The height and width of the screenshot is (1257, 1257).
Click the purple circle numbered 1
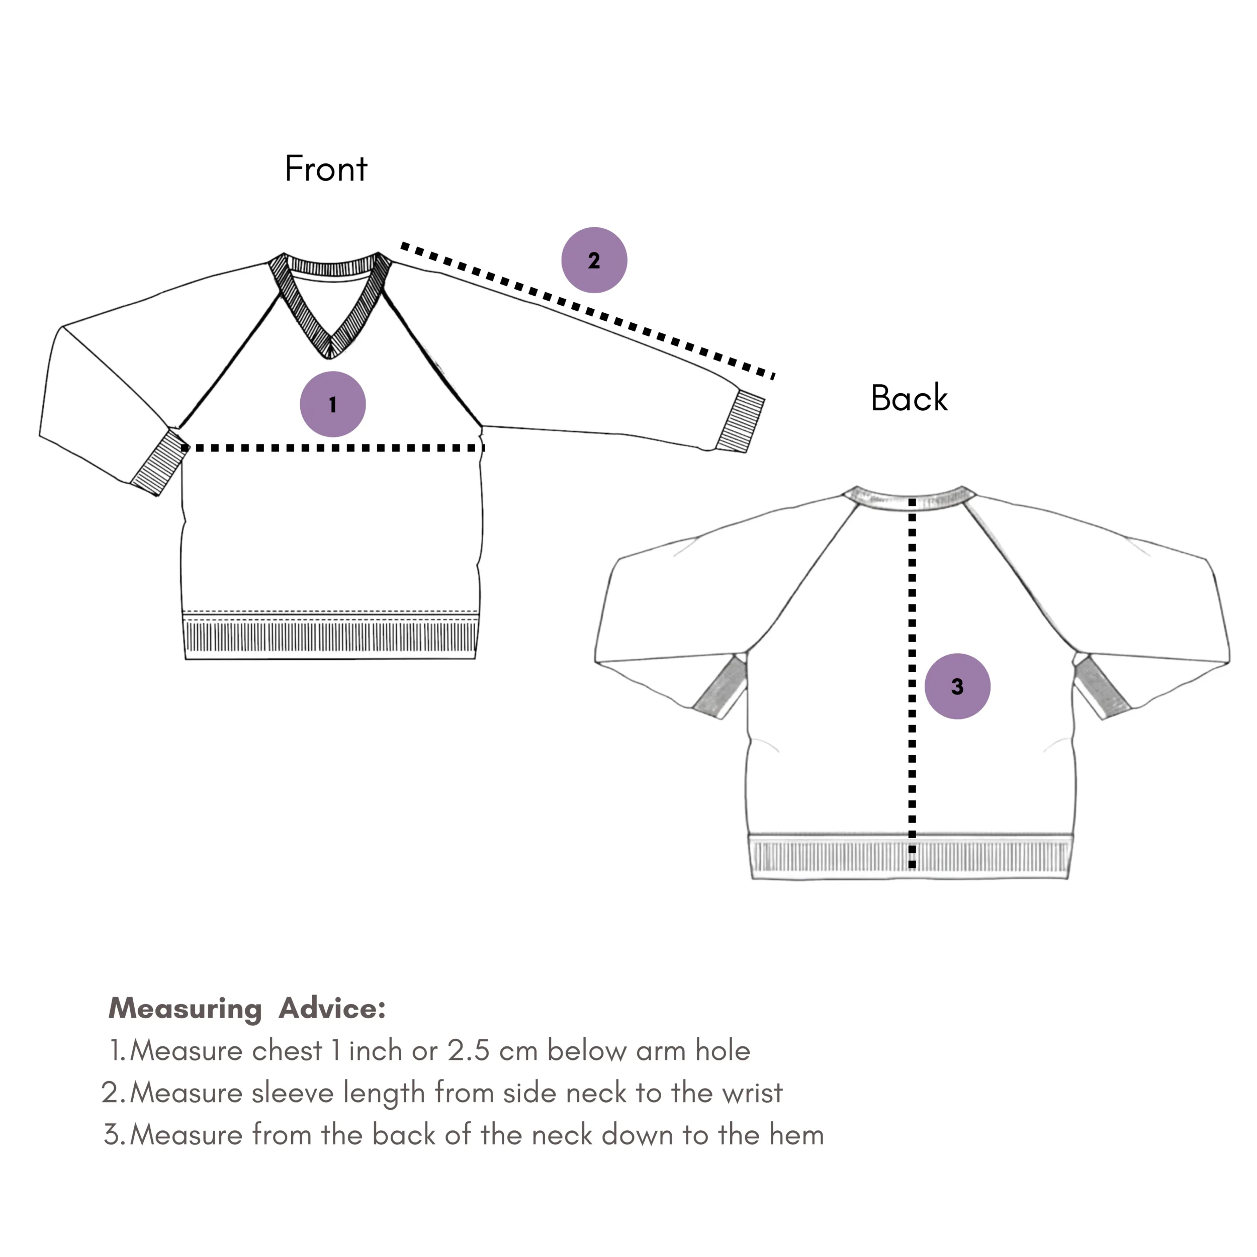click(332, 404)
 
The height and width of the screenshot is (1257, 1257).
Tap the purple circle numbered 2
click(594, 259)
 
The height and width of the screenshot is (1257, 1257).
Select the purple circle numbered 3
click(957, 686)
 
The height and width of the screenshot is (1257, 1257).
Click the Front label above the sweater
click(326, 168)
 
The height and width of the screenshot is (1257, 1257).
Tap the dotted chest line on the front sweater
click(333, 447)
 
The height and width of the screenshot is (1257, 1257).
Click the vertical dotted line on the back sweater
click(912, 683)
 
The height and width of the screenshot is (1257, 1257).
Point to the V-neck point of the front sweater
click(330, 356)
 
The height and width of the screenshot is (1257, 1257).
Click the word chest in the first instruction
click(287, 1050)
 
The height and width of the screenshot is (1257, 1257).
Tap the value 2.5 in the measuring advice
click(469, 1051)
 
